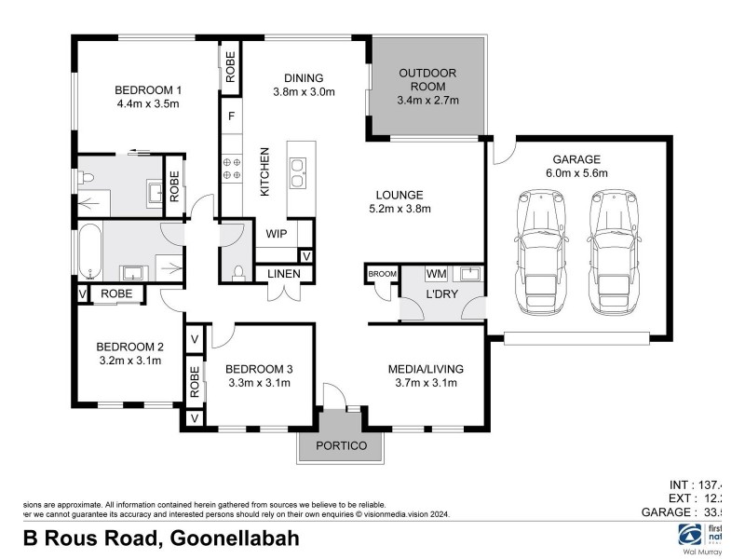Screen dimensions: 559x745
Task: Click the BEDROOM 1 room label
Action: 147,89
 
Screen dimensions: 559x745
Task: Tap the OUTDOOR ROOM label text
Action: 428,74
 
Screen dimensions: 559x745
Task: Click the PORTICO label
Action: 342,445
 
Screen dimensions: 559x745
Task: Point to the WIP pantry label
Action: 277,234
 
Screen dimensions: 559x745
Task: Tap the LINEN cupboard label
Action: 285,273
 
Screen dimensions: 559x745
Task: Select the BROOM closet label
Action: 382,273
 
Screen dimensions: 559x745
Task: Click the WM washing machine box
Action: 436,274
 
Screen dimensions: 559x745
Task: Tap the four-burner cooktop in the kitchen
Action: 231,169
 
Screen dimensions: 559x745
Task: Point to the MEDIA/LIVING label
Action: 426,369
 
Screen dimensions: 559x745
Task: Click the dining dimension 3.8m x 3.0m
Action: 304,91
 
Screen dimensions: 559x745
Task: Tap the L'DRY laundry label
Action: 440,294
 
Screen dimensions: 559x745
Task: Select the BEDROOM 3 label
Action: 261,369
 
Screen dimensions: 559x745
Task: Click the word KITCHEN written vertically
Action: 264,171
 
